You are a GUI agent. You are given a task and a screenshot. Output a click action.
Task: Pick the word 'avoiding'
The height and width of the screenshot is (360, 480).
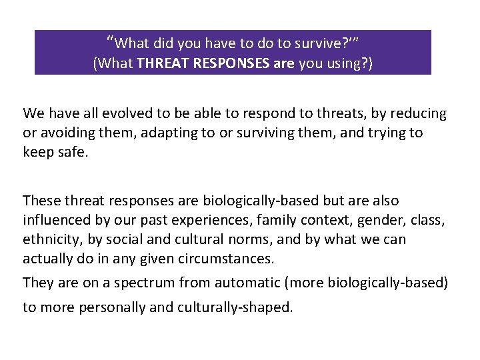(x=66, y=133)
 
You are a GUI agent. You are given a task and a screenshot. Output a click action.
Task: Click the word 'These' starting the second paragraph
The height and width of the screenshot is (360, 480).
(x=41, y=200)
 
